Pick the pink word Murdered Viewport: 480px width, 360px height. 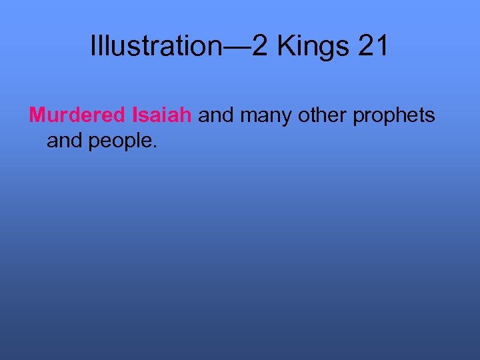[x=77, y=115]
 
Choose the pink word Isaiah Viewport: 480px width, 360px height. [x=163, y=115]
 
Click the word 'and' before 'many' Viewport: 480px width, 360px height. [x=216, y=115]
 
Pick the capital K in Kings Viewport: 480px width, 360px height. [x=285, y=45]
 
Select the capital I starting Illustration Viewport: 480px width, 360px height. [x=93, y=45]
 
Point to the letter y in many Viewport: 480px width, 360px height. [x=287, y=118]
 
